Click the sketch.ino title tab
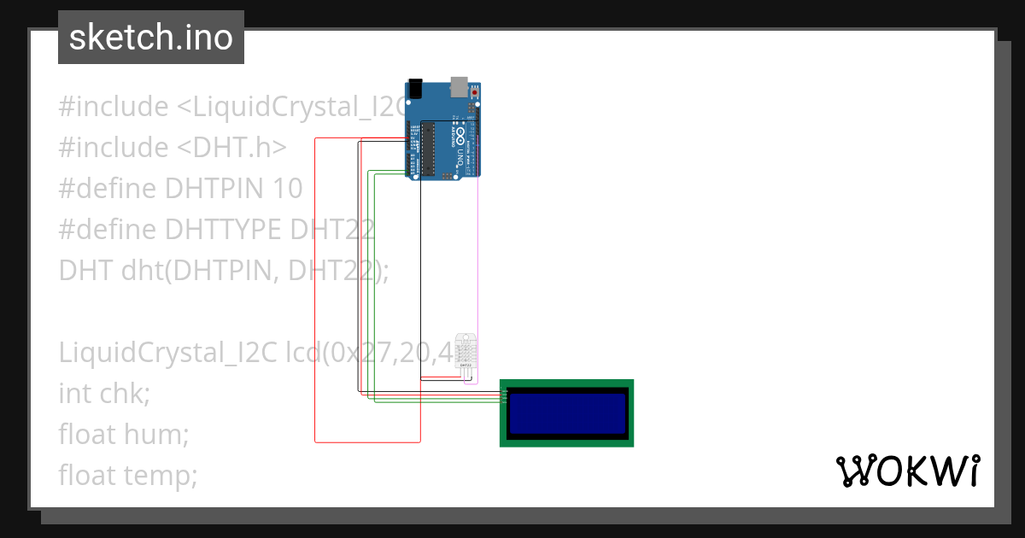(150, 38)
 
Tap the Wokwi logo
(907, 471)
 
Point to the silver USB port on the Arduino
(460, 85)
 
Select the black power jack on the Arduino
(415, 88)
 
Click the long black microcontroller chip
(428, 149)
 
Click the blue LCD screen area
(566, 413)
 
